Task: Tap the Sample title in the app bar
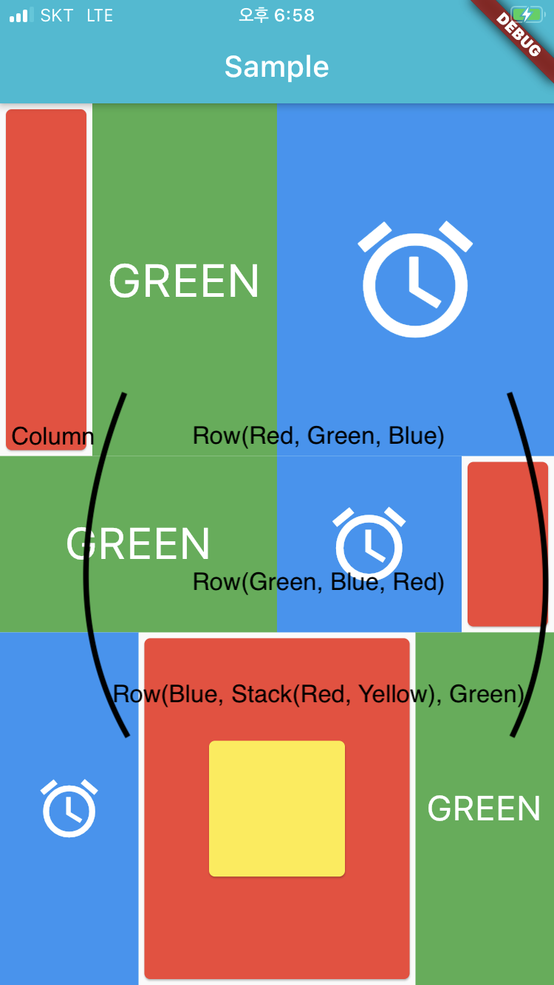coord(276,67)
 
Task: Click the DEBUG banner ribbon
coord(520,35)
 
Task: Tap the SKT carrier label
coord(57,16)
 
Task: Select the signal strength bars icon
coord(21,16)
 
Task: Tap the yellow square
coord(277,809)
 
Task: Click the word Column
coord(52,436)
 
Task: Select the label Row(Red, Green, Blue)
coord(318,436)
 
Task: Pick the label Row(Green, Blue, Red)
coord(318,582)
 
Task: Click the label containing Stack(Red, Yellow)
coord(318,694)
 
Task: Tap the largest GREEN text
coord(184,281)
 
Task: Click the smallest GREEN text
coord(484,809)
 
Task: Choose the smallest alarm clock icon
coord(69,808)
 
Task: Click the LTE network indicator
coord(100,16)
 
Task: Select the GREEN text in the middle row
coord(138,544)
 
